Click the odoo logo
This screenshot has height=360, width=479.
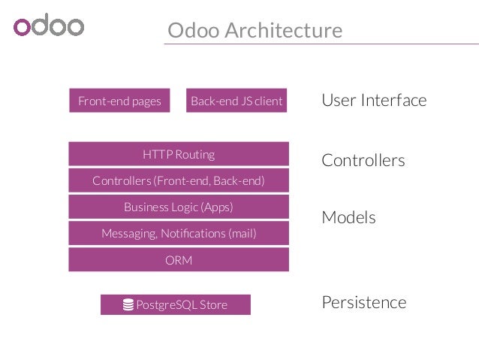tap(49, 26)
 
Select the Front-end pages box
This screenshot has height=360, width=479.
tap(119, 101)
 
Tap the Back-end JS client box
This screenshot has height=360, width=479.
tap(236, 101)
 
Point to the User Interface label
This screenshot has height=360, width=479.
tap(374, 100)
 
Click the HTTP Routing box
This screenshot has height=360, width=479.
tap(179, 154)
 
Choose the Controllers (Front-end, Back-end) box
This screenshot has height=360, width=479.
tap(179, 180)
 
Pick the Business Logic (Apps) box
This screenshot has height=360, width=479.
tap(179, 207)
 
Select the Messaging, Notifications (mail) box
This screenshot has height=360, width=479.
tap(179, 233)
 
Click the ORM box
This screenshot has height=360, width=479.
tap(179, 260)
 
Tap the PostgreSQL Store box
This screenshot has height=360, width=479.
tap(176, 304)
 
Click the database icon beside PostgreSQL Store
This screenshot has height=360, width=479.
tap(128, 304)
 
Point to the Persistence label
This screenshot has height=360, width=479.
tap(363, 302)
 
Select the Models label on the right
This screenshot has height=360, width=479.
tap(348, 217)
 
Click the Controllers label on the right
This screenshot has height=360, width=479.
tap(363, 160)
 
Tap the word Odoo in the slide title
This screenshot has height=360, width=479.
tap(191, 31)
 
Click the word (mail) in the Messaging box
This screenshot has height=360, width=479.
tap(242, 234)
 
